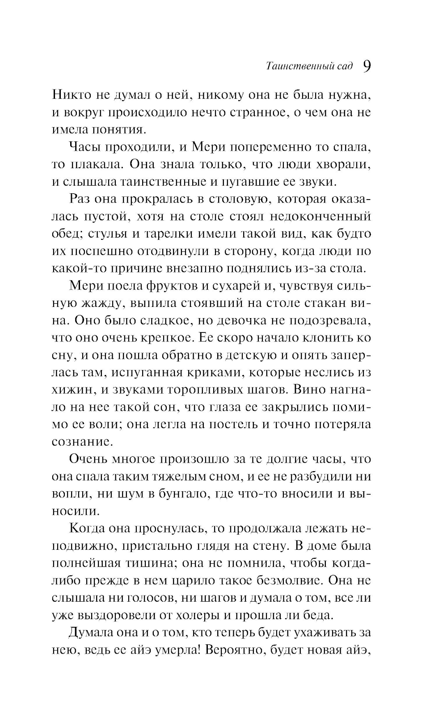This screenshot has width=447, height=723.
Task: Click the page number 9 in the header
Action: coord(366,66)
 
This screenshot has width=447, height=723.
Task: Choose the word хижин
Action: coord(72,390)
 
